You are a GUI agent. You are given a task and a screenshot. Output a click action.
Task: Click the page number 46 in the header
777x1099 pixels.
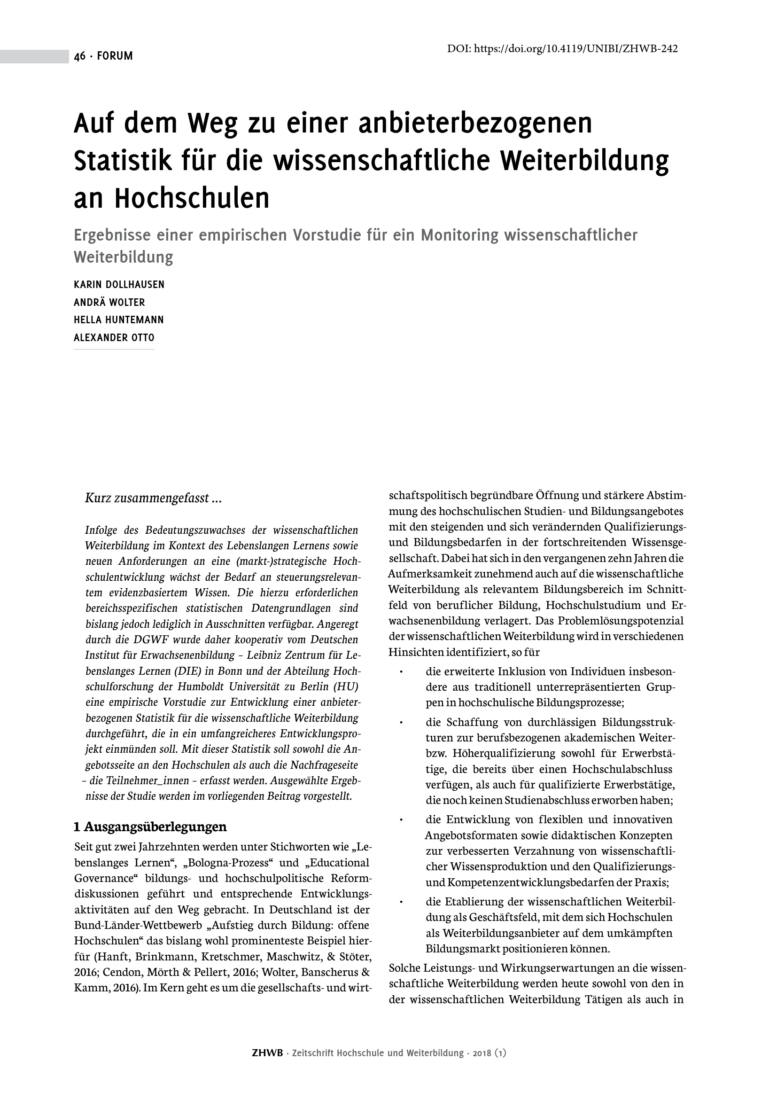pyautogui.click(x=79, y=56)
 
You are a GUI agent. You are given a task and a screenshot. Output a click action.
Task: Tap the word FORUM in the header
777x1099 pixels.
pyautogui.click(x=115, y=56)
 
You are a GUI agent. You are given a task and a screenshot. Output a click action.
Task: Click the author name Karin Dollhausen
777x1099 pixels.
pyautogui.click(x=119, y=285)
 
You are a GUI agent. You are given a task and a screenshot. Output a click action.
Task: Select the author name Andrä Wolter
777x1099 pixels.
pyautogui.click(x=109, y=303)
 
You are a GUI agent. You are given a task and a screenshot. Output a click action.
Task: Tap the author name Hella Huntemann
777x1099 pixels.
pyautogui.click(x=119, y=320)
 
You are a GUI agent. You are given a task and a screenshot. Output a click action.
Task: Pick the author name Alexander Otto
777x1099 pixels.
pyautogui.click(x=114, y=337)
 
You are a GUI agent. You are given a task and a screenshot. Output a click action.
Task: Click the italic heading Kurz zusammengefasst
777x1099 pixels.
pyautogui.click(x=153, y=498)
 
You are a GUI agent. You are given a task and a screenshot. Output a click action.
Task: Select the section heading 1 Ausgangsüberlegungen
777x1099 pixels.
pyautogui.click(x=150, y=826)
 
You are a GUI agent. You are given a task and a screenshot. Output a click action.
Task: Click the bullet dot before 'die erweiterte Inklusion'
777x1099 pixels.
pyautogui.click(x=402, y=672)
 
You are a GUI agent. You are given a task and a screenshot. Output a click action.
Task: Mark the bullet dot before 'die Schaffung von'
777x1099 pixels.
pyautogui.click(x=402, y=722)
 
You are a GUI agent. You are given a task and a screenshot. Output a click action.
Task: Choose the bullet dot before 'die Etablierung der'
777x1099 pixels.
pyautogui.click(x=402, y=902)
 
